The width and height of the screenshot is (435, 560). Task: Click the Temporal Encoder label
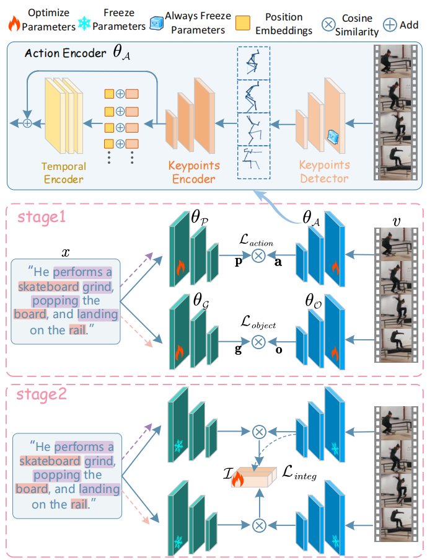click(64, 173)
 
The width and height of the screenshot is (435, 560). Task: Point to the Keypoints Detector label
click(325, 172)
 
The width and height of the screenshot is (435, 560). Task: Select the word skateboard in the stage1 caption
click(49, 287)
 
